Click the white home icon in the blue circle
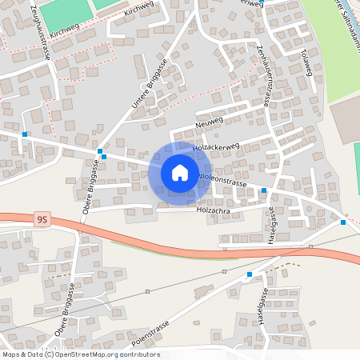point(179,172)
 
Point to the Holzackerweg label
point(218,147)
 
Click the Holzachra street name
point(212,210)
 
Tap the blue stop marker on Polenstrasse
point(250,274)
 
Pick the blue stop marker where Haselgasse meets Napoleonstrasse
point(264,190)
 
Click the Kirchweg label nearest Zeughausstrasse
point(66,33)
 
